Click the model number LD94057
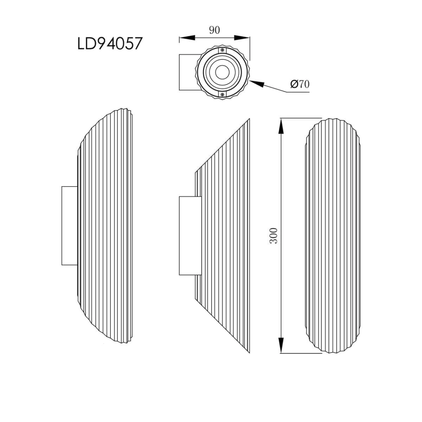tap(109, 44)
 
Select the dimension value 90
tap(214, 30)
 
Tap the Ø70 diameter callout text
tap(300, 84)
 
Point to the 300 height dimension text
tap(274, 236)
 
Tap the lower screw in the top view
tap(222, 94)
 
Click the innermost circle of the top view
tap(222, 72)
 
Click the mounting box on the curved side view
tap(69, 225)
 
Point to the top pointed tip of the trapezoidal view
tap(249, 120)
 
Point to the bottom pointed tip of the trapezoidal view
tap(249, 352)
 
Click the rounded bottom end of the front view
tap(333, 350)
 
